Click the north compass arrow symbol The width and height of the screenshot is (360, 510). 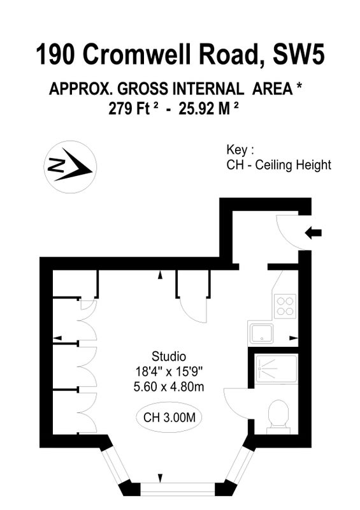tap(70, 167)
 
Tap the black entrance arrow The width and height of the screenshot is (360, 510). tap(313, 233)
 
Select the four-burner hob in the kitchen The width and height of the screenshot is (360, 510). tap(285, 306)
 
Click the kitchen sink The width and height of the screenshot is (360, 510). tap(261, 333)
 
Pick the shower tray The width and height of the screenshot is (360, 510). tap(277, 369)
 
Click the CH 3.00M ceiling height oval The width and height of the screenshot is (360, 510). tap(169, 418)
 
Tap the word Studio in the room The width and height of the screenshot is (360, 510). tap(169, 356)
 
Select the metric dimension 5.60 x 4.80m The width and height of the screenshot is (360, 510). tap(169, 387)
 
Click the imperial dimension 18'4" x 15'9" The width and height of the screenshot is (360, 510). tap(169, 371)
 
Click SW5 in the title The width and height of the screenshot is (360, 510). tap(299, 55)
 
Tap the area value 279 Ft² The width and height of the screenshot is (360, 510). tap(134, 108)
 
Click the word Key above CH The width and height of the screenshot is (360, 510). tap(238, 150)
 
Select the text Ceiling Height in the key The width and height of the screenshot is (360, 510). tap(293, 165)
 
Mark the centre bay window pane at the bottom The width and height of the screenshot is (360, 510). tap(178, 488)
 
